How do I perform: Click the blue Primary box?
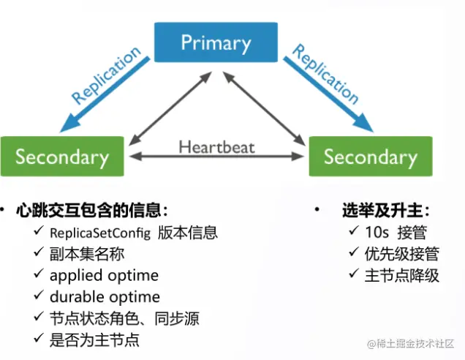pyautogui.click(x=216, y=42)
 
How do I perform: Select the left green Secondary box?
pyautogui.click(x=61, y=156)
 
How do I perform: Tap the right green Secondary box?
pyautogui.click(x=370, y=156)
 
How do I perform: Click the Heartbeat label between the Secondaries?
pyautogui.click(x=216, y=146)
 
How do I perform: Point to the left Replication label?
pyautogui.click(x=106, y=75)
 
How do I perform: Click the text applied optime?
pyautogui.click(x=104, y=276)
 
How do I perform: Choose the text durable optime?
pyautogui.click(x=105, y=297)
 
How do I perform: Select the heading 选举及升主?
pyautogui.click(x=386, y=211)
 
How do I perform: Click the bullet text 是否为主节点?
pyautogui.click(x=93, y=340)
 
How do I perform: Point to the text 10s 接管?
pyautogui.click(x=396, y=233)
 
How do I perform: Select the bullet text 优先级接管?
pyautogui.click(x=403, y=254)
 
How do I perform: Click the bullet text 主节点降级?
pyautogui.click(x=403, y=275)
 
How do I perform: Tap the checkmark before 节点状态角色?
pyautogui.click(x=38, y=318)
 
